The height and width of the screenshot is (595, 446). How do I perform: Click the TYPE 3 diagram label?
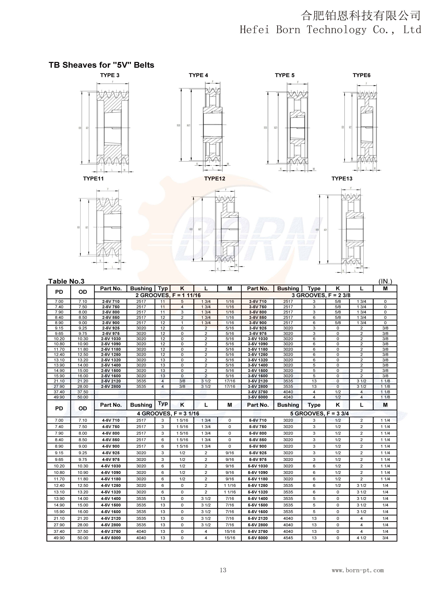(x=110, y=75)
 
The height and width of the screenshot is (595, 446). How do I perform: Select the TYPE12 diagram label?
(x=214, y=179)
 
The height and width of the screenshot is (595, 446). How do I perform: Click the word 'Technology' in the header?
(x=336, y=30)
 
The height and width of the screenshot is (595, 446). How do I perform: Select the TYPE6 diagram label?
(x=361, y=75)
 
